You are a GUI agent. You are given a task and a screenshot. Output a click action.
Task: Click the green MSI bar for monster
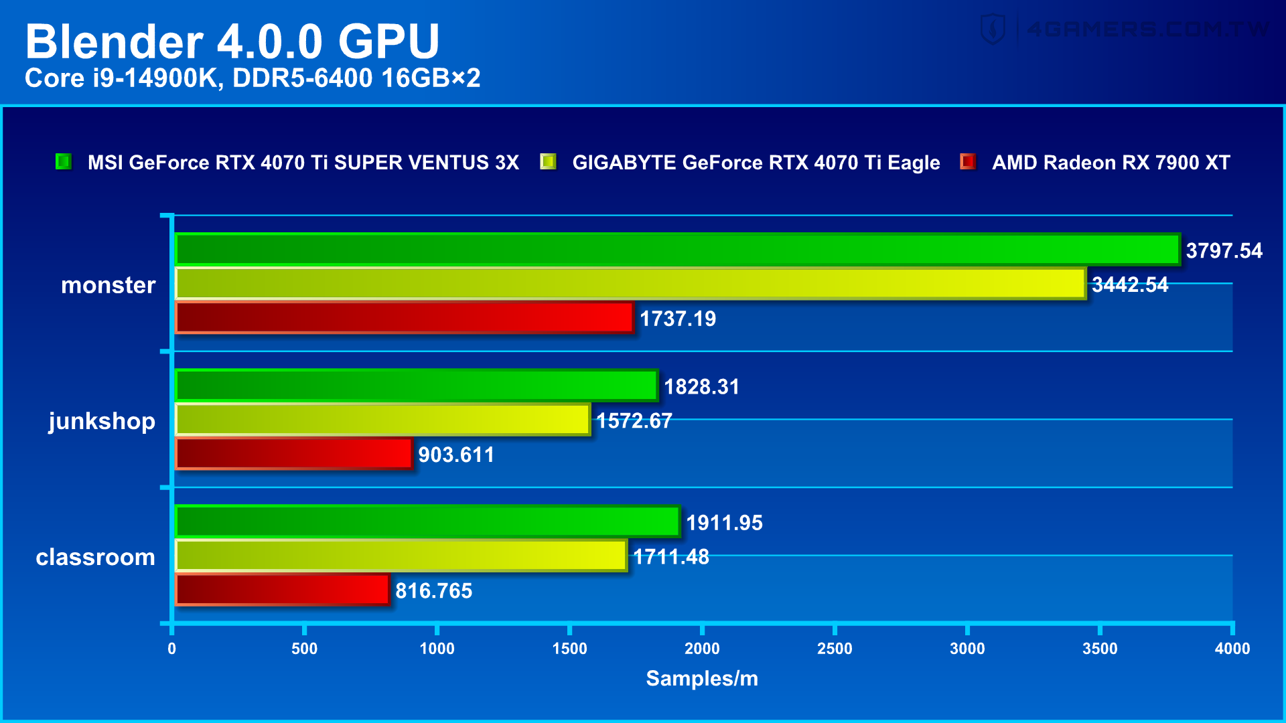click(676, 250)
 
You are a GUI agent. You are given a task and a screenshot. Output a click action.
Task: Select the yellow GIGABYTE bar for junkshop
click(382, 420)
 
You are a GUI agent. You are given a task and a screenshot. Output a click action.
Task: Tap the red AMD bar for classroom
click(282, 590)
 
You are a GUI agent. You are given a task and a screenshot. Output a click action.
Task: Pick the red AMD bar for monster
click(404, 317)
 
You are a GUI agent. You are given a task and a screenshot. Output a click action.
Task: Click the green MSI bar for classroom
click(427, 521)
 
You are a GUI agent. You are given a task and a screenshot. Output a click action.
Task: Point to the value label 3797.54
click(1224, 251)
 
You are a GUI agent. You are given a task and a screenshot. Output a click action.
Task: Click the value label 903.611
click(456, 455)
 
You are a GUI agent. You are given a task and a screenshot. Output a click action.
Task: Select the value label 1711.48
click(670, 557)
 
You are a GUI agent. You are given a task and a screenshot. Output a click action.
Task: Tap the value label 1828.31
click(701, 387)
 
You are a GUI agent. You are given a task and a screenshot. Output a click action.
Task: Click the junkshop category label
click(102, 421)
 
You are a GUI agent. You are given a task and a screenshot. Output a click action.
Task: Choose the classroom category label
click(95, 557)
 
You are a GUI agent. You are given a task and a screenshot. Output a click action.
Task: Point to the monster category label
click(108, 285)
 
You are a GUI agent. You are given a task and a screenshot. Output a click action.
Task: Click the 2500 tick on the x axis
click(835, 648)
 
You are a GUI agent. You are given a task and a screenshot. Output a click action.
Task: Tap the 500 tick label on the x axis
click(304, 648)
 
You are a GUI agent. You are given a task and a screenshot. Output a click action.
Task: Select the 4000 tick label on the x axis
click(1232, 648)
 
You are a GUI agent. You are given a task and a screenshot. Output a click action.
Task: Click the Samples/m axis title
click(701, 679)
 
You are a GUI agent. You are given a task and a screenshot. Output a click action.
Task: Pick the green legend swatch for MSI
click(64, 162)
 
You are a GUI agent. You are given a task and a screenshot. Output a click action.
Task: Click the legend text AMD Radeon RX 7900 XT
click(1111, 163)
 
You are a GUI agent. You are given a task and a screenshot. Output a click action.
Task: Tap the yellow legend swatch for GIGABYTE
click(548, 162)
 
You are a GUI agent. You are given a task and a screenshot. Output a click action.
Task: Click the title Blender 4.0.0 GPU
click(232, 42)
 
